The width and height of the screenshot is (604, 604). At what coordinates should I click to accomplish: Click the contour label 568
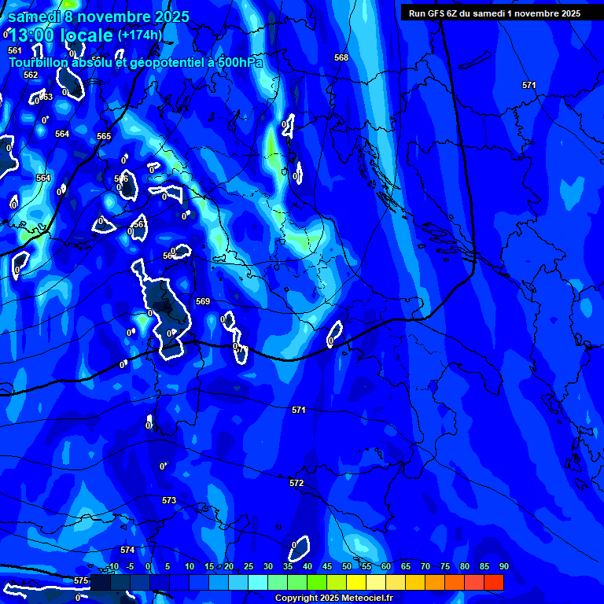[x=341, y=58]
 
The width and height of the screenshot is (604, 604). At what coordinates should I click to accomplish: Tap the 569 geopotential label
[x=203, y=301]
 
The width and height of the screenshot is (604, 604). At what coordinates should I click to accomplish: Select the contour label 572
[x=296, y=483]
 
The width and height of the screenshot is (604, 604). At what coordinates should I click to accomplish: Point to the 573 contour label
[x=169, y=500]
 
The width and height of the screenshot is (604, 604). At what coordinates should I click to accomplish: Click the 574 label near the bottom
[x=127, y=550]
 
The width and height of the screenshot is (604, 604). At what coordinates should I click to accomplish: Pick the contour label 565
[x=104, y=136]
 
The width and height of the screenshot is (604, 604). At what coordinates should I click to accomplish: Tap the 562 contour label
[x=31, y=75]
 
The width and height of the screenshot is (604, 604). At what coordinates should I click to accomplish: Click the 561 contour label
[x=15, y=50]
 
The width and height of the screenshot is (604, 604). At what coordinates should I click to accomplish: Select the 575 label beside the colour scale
[x=81, y=580]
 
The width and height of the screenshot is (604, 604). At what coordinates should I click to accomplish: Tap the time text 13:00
[x=36, y=36]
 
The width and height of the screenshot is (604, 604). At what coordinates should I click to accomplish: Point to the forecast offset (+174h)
[x=140, y=35]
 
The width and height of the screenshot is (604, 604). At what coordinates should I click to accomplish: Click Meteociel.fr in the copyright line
[x=373, y=598]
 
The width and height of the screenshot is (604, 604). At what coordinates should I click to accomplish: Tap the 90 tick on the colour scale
[x=503, y=566]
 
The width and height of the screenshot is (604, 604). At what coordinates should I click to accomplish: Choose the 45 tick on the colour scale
[x=327, y=566]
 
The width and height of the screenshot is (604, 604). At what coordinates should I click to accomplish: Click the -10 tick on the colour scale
[x=112, y=566]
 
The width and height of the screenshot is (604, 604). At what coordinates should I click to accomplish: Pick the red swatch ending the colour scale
[x=493, y=582]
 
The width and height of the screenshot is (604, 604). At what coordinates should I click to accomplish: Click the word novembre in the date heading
[x=116, y=17]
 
